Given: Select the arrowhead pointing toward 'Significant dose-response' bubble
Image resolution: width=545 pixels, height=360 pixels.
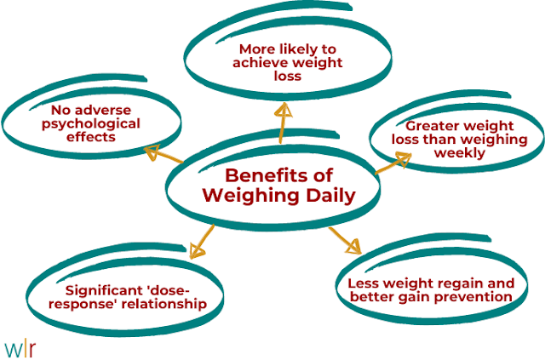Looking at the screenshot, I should click(x=198, y=250).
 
